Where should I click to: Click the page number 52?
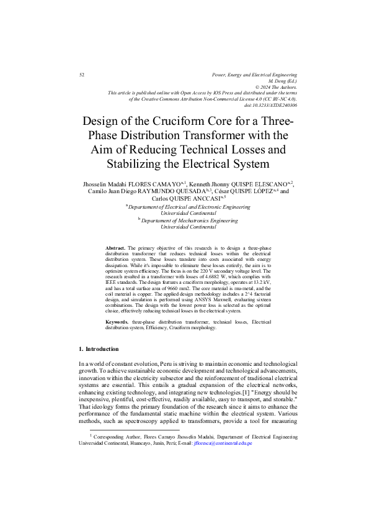tap(82, 75)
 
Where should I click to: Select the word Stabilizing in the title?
tap(143, 164)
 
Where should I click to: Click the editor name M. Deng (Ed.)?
tap(283, 81)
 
